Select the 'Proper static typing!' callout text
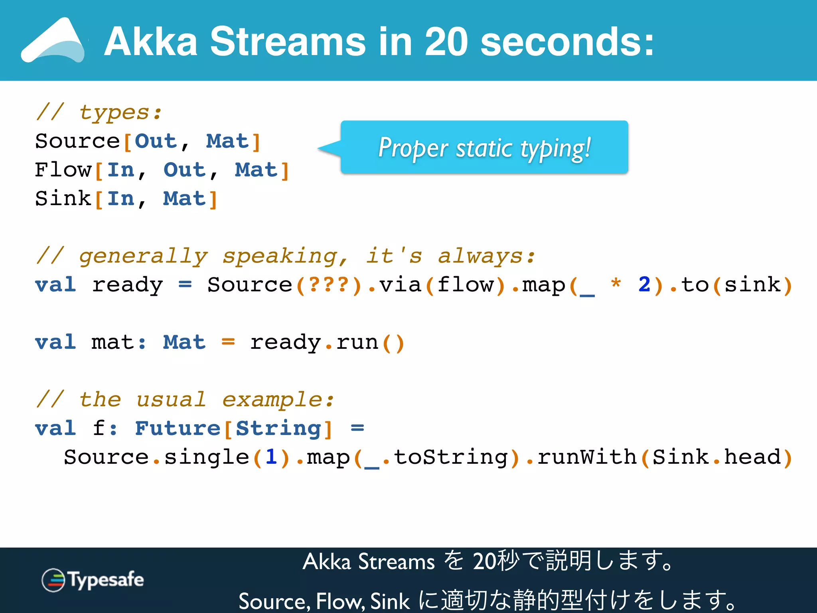coord(484,148)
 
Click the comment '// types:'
coord(99,112)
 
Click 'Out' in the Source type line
coord(156,141)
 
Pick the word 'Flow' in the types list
coord(63,170)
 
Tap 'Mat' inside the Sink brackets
coord(184,198)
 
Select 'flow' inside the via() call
coord(465,285)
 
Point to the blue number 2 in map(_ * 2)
coord(644,285)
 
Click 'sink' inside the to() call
coord(752,285)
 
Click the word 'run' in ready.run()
coord(357,342)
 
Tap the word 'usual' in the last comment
coord(171,399)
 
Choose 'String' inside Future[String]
coord(278,428)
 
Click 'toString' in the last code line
coord(451,457)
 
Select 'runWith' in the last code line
coord(586,457)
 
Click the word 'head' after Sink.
coord(752,457)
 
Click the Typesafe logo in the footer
coord(93,580)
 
